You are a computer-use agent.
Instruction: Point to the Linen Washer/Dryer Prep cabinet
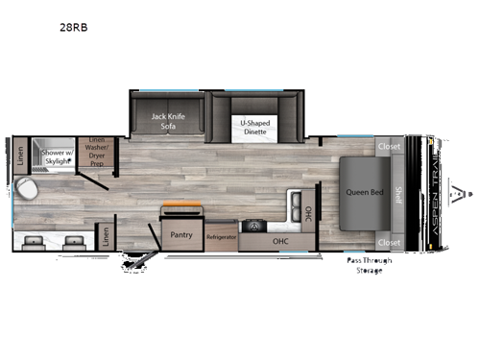pyautogui.click(x=95, y=152)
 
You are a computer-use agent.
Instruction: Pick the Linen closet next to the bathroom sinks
pyautogui.click(x=104, y=234)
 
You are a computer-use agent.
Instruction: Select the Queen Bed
pyautogui.click(x=364, y=193)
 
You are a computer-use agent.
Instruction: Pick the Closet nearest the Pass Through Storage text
pyautogui.click(x=388, y=242)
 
